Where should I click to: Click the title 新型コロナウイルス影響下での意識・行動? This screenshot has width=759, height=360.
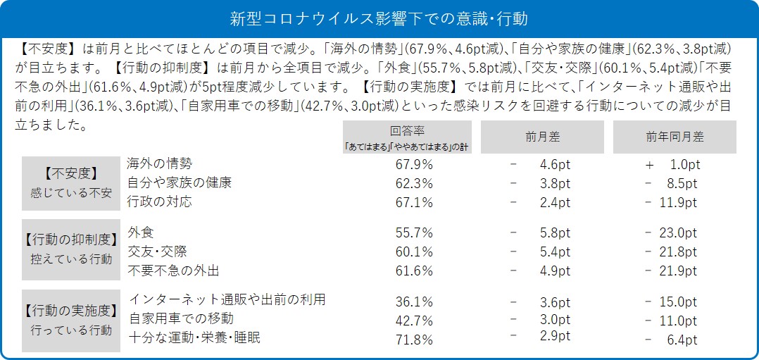click(x=379, y=18)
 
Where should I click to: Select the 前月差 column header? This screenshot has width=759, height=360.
click(x=541, y=137)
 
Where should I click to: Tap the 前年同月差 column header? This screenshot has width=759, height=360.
click(x=674, y=137)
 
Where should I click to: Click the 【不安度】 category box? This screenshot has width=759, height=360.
click(x=70, y=182)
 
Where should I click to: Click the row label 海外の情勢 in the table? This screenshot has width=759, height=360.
click(x=160, y=163)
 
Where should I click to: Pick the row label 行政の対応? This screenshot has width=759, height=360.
click(x=160, y=201)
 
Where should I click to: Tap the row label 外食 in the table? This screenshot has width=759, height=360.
click(x=141, y=232)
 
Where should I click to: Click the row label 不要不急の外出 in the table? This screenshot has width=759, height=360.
click(x=174, y=271)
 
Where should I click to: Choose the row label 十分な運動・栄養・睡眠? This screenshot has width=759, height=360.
click(x=194, y=338)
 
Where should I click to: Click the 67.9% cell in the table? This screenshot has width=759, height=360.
click(x=414, y=164)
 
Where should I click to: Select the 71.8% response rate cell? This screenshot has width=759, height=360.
click(x=414, y=340)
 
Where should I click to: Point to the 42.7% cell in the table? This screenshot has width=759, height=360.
click(x=414, y=321)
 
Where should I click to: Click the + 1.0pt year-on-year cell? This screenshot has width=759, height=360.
click(x=672, y=164)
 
